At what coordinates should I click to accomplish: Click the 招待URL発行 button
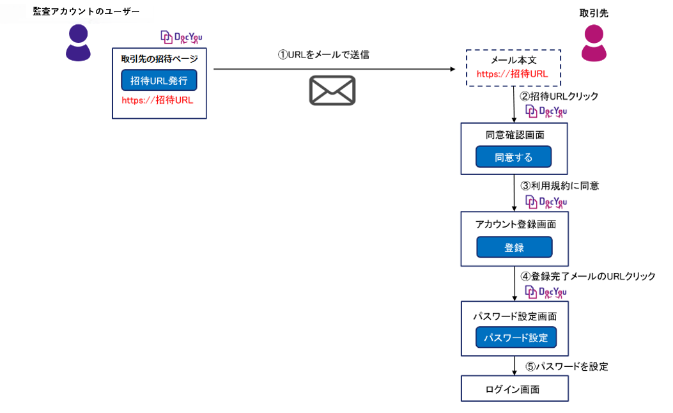[x=159, y=81]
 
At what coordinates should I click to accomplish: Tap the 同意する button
[x=513, y=157]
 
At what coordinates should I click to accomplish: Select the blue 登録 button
[x=514, y=247]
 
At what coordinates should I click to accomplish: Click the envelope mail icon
[x=332, y=90]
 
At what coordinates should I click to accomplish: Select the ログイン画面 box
[x=514, y=389]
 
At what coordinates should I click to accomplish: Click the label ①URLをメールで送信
[x=323, y=55]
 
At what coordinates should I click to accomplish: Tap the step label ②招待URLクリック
[x=559, y=97]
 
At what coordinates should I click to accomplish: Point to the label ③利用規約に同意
[x=559, y=186]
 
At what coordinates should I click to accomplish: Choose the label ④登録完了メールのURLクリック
[x=587, y=277]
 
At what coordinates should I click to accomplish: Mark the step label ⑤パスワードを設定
[x=566, y=367]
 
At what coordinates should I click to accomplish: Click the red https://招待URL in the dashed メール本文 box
[x=512, y=74]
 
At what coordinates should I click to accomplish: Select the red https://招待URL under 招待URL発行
[x=157, y=100]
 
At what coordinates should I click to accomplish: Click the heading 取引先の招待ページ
[x=159, y=59]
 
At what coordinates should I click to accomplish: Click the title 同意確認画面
[x=514, y=136]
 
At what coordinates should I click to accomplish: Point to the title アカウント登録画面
[x=515, y=225]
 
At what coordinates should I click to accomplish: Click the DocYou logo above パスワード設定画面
[x=546, y=292]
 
